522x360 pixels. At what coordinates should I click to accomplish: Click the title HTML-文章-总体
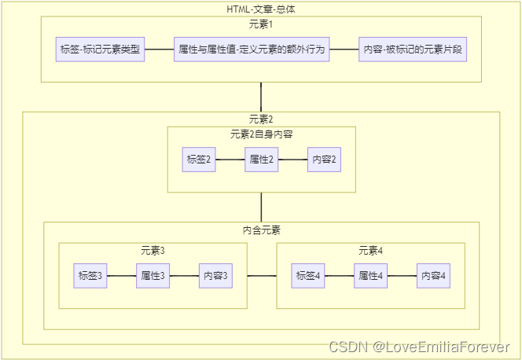click(x=261, y=9)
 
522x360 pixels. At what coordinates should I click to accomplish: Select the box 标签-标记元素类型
click(x=100, y=50)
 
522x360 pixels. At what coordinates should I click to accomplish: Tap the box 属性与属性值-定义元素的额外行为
click(x=252, y=50)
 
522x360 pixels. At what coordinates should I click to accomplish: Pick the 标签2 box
click(x=199, y=160)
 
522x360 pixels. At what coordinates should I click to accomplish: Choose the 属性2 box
click(x=261, y=160)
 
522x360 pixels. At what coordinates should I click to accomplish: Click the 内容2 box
click(x=324, y=160)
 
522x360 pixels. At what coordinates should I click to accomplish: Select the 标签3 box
click(x=90, y=276)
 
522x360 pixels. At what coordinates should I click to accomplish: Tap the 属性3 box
click(x=153, y=276)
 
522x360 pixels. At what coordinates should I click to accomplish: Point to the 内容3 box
click(x=215, y=276)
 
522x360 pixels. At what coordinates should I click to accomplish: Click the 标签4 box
click(x=308, y=276)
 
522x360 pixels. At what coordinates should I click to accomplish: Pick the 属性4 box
click(x=370, y=276)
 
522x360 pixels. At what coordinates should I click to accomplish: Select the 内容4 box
click(x=433, y=276)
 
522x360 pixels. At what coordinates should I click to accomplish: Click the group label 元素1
click(x=261, y=24)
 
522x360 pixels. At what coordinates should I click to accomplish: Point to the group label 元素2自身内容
click(x=261, y=134)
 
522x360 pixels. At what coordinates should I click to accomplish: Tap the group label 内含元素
click(x=261, y=230)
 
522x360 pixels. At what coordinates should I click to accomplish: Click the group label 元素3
click(x=153, y=251)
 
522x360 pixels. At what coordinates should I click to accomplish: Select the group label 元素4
click(x=370, y=251)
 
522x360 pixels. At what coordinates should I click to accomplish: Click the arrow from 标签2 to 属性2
click(x=230, y=160)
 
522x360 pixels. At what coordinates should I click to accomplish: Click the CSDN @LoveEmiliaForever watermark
click(x=419, y=347)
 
